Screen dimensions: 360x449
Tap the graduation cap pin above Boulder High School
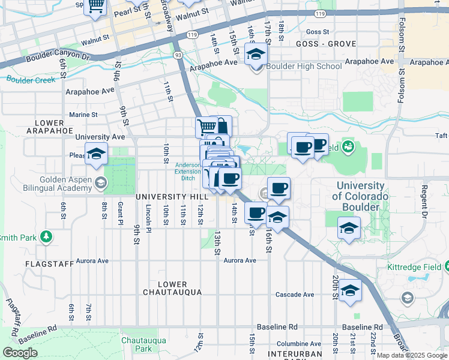[256, 55]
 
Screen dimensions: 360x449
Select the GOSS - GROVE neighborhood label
[326, 44]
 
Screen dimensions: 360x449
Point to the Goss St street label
[318, 32]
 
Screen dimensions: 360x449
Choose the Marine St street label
[83, 115]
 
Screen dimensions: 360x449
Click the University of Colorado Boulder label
[360, 196]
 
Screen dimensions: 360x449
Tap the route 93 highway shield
[178, 55]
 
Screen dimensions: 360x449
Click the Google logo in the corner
[20, 353]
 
